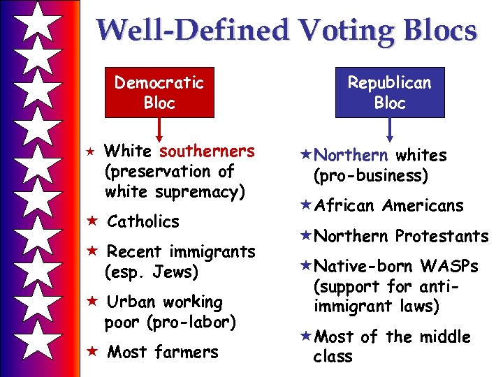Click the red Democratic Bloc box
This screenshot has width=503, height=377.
pyautogui.click(x=159, y=92)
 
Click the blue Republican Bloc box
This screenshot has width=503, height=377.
pyautogui.click(x=390, y=92)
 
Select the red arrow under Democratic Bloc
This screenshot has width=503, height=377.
pyautogui.click(x=159, y=130)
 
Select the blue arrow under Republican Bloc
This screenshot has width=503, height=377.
pyautogui.click(x=390, y=130)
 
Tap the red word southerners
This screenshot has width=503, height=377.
pyautogui.click(x=207, y=151)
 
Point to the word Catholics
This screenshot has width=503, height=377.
pyautogui.click(x=143, y=221)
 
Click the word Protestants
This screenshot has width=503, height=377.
pyautogui.click(x=442, y=237)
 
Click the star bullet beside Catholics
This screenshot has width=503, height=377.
pyautogui.click(x=91, y=221)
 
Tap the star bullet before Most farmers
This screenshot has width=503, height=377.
pyautogui.click(x=91, y=353)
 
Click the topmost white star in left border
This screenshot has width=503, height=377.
pyautogui.click(x=34, y=22)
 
